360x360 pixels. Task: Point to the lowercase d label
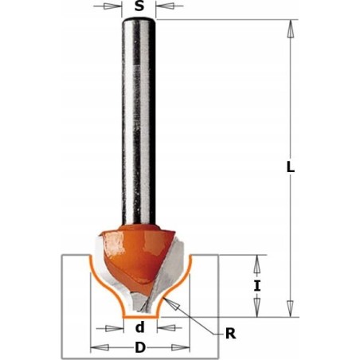[139, 327]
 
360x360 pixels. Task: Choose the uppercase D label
[140, 347]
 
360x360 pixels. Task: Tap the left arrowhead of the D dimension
[97, 347]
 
